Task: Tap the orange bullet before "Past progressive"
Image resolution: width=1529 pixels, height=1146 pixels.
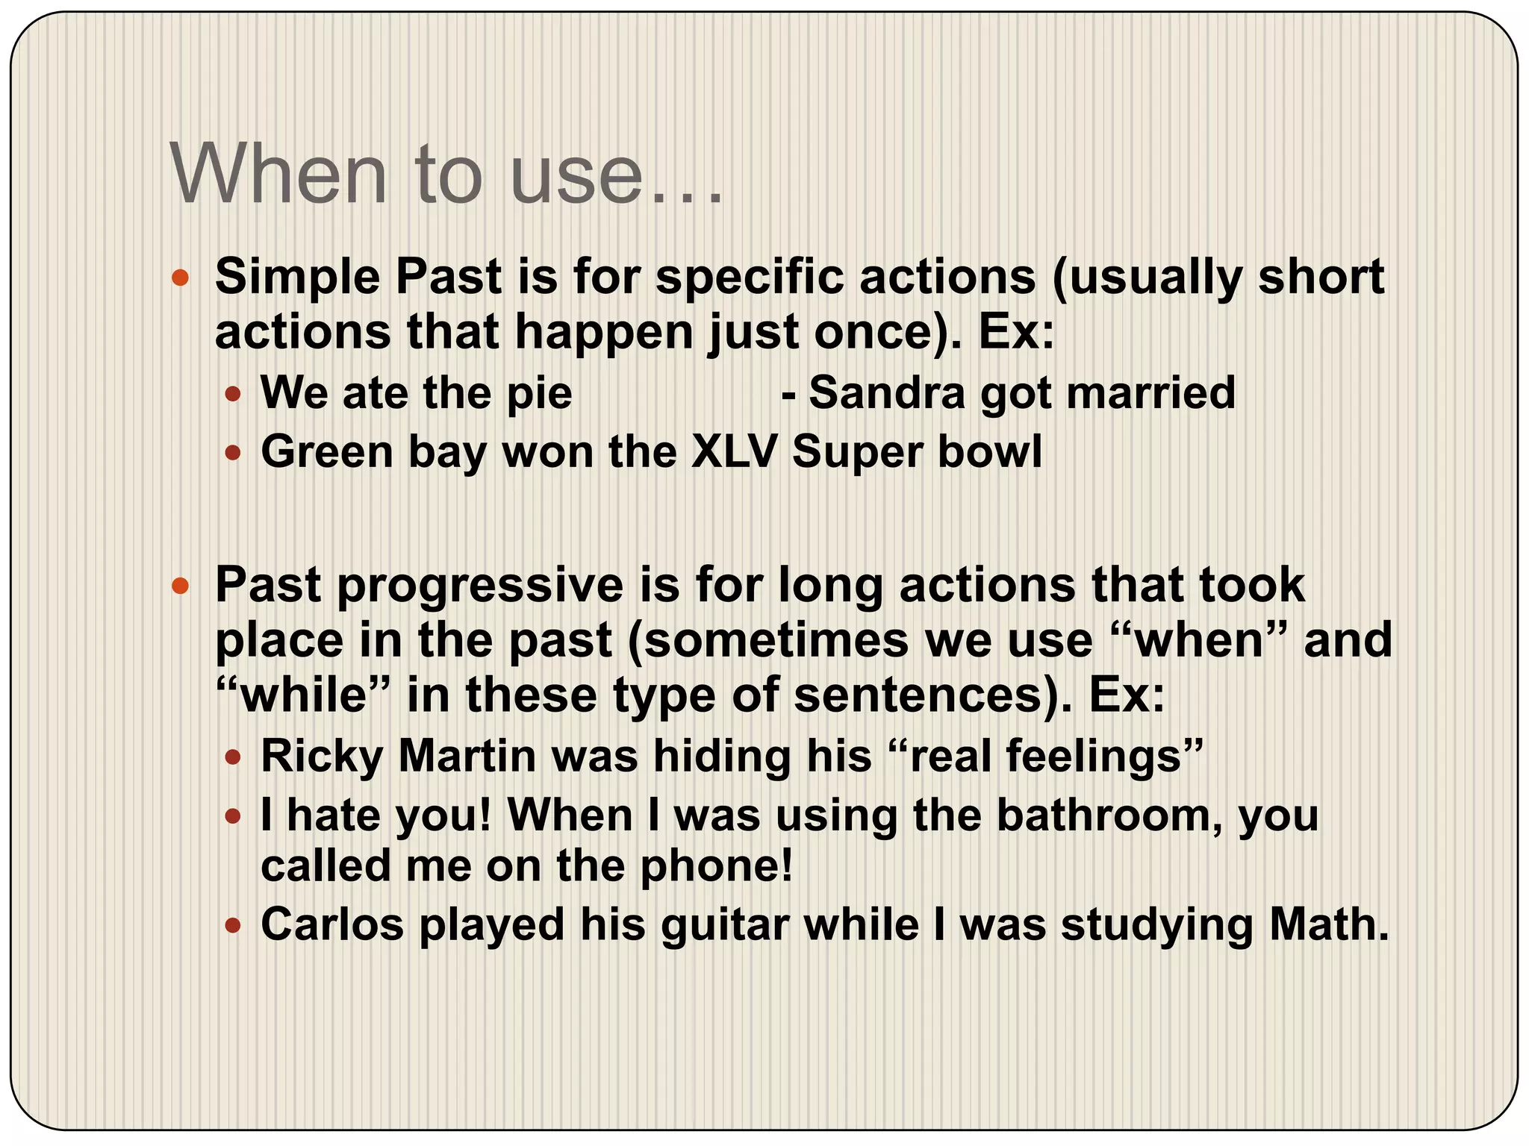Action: (180, 586)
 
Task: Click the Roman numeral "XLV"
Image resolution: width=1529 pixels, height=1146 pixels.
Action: (734, 451)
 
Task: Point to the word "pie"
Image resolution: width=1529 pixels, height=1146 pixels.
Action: (539, 394)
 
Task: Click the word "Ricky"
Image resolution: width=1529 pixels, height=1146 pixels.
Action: (322, 757)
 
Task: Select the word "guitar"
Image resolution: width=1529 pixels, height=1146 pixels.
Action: (724, 925)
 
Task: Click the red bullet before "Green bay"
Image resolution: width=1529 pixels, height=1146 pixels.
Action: (233, 452)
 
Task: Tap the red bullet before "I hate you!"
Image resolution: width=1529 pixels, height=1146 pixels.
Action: (233, 816)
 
